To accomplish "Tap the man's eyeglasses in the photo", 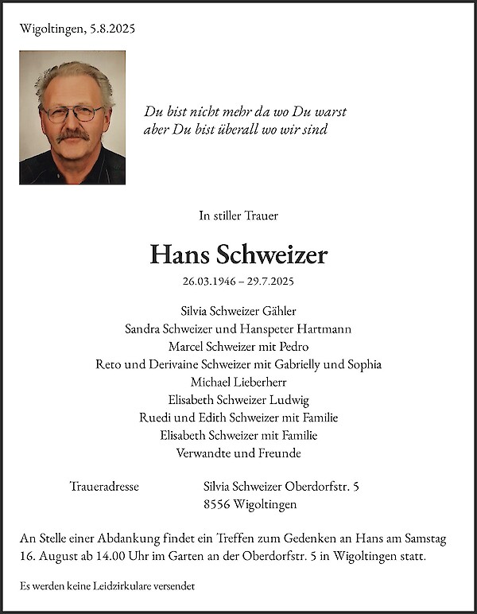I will (x=73, y=114).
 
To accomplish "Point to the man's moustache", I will (x=73, y=134).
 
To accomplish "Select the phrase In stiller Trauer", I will (x=238, y=216).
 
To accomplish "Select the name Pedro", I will (x=293, y=346).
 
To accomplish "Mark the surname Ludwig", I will (x=289, y=400).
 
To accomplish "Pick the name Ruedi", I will (x=154, y=418).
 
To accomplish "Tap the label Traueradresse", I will (x=105, y=486).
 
